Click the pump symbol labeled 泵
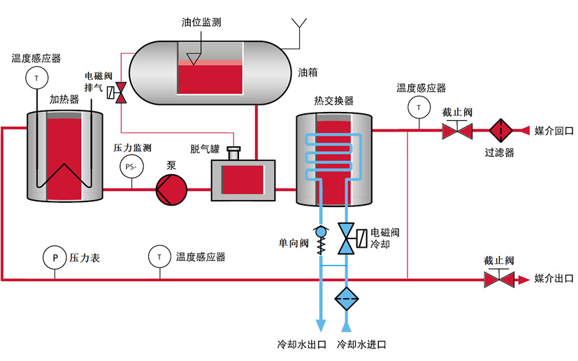(171, 189)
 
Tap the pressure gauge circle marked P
(55, 257)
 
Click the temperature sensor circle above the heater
(35, 76)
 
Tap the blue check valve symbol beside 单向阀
(321, 232)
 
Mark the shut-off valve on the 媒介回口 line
(457, 130)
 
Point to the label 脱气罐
(205, 148)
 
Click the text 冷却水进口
(361, 345)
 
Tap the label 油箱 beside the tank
(308, 72)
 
